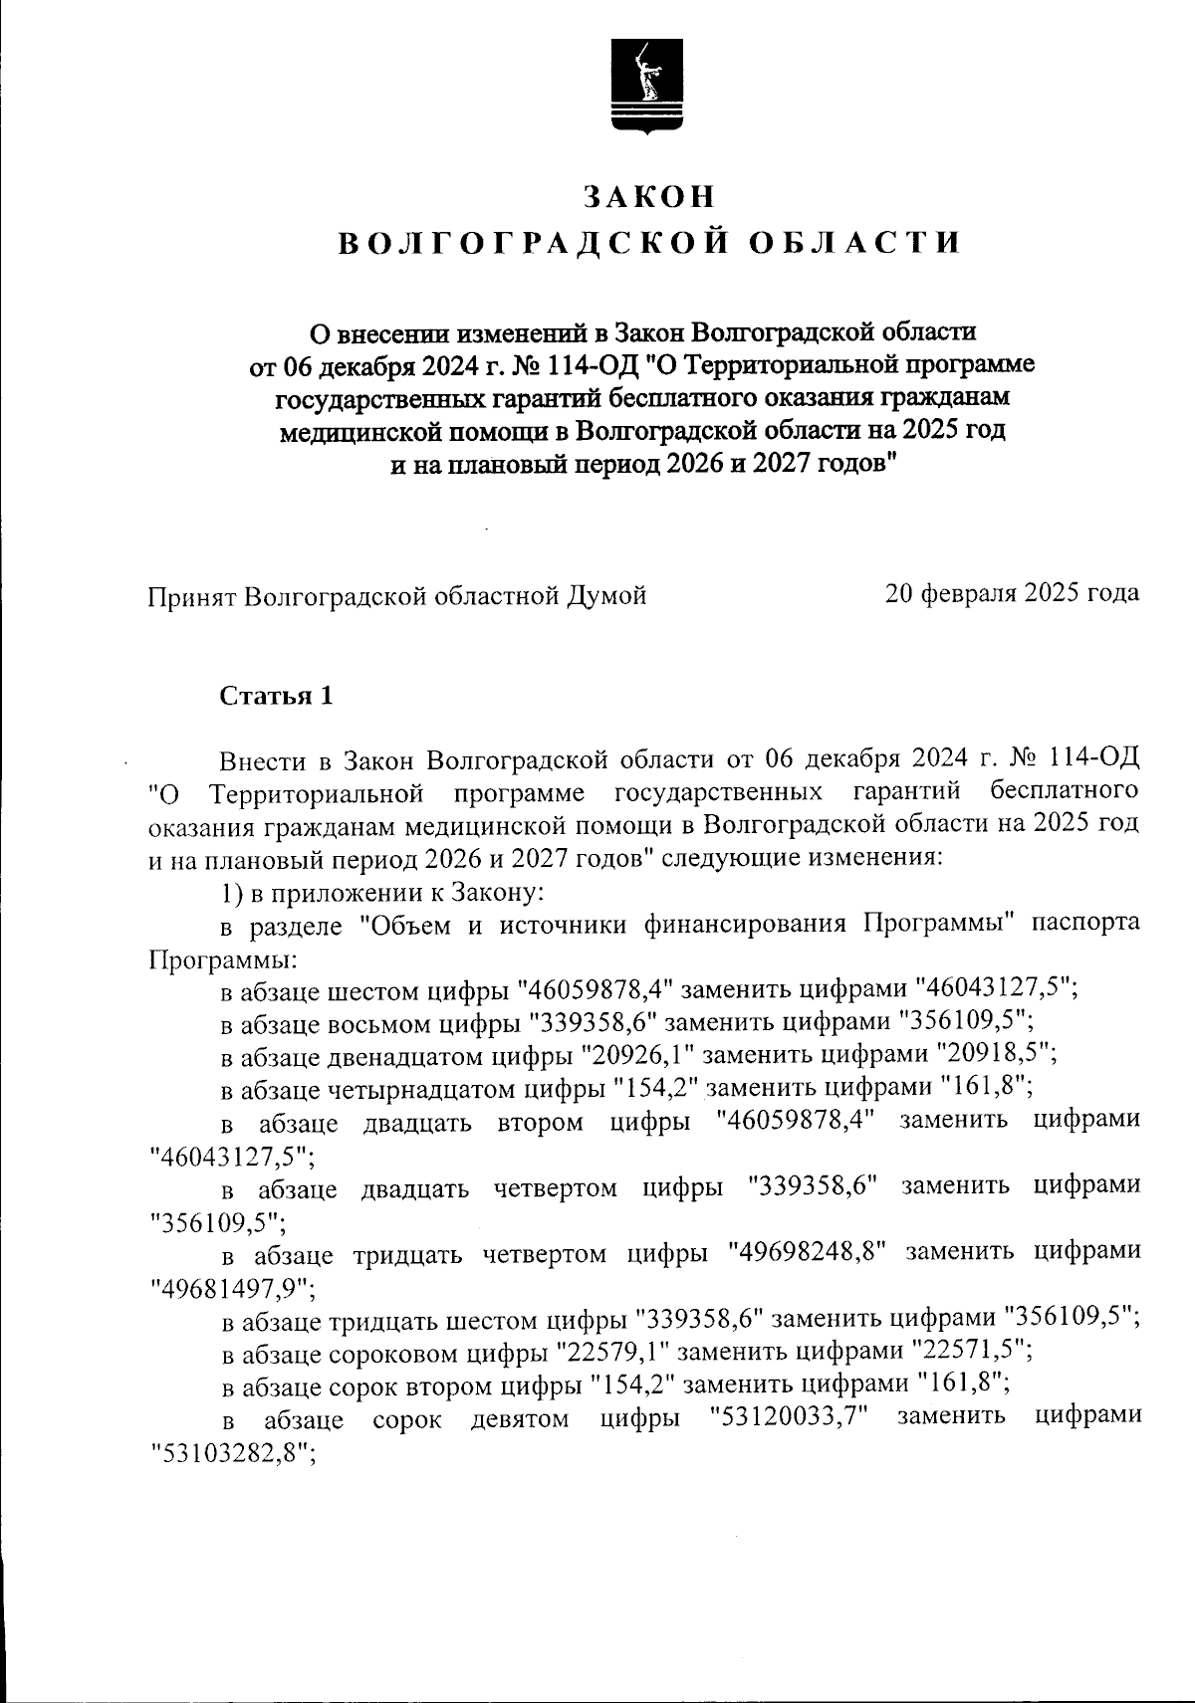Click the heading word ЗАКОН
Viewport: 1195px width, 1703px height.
click(649, 197)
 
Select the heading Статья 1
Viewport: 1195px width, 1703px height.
click(276, 696)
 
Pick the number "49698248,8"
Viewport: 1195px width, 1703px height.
click(808, 1253)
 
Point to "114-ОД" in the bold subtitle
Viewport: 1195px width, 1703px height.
click(594, 365)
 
